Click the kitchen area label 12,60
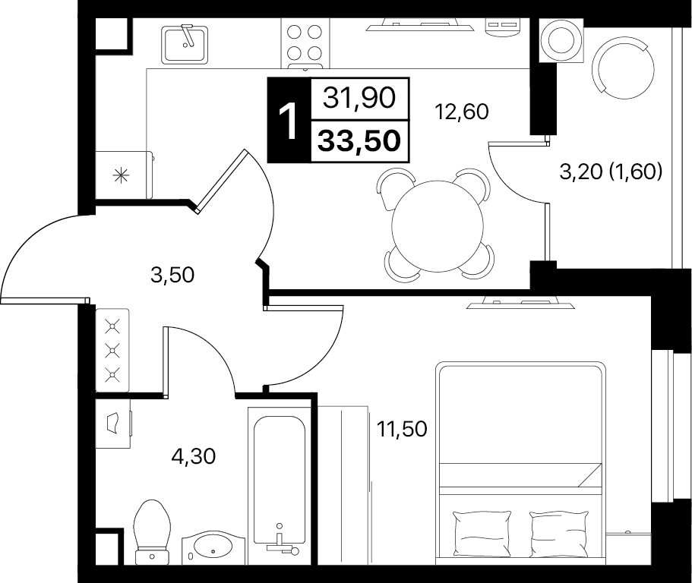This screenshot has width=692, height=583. tap(462, 112)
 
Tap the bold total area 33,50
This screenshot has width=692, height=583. tap(359, 141)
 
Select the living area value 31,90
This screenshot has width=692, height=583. tap(359, 97)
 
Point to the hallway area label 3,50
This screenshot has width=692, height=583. tap(172, 276)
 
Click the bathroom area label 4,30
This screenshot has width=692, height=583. tap(193, 456)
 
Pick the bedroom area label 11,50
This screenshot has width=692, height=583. tap(402, 429)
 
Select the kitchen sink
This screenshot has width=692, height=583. tap(185, 44)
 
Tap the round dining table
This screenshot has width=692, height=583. tap(438, 225)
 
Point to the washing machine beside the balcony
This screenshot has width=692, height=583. tap(561, 40)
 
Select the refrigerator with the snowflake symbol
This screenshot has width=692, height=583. tap(124, 175)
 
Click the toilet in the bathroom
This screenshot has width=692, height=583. tap(152, 532)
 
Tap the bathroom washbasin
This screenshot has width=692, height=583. tap(213, 548)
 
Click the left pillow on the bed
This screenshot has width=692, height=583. tap(482, 534)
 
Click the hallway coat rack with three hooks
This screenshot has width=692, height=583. tap(112, 350)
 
